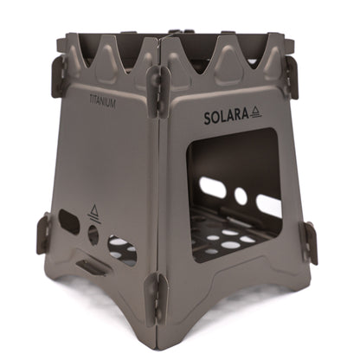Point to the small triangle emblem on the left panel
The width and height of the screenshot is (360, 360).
(94, 210)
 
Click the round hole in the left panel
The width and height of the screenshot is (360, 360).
(93, 234)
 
